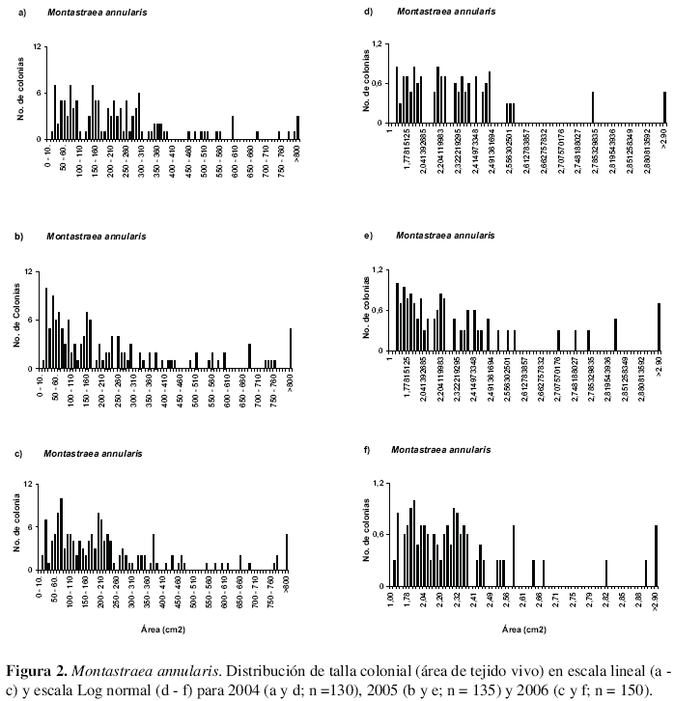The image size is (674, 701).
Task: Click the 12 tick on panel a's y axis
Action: click(x=36, y=46)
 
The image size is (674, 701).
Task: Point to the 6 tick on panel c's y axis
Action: click(x=36, y=526)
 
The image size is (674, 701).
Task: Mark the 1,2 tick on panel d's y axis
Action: click(x=379, y=44)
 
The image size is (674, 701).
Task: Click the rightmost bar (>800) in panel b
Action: click(x=291, y=348)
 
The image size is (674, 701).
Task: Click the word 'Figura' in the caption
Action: click(x=30, y=672)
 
